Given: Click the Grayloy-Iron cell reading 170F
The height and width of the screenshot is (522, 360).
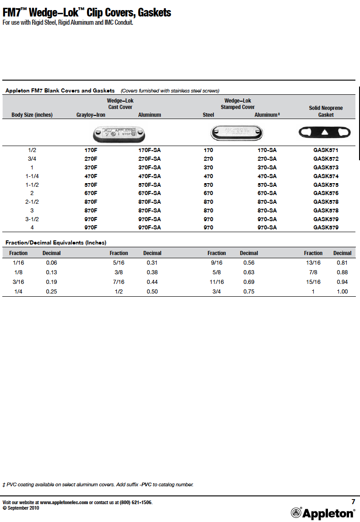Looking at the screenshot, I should [91, 150].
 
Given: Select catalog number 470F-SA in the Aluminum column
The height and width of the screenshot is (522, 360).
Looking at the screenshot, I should [149, 176].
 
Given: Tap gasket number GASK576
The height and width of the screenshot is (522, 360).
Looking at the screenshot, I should [326, 193].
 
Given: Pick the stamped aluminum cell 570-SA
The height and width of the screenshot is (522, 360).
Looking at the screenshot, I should [267, 185].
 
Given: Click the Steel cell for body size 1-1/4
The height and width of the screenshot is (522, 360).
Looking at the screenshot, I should [208, 176].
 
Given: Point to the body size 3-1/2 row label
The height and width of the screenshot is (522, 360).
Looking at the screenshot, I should [32, 219].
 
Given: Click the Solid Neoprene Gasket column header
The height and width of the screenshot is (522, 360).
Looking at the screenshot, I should [326, 111].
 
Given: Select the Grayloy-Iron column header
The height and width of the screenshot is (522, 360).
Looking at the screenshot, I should [91, 115].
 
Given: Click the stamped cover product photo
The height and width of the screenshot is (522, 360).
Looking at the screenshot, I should [237, 133].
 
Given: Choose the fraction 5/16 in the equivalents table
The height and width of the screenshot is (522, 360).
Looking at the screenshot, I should [119, 263].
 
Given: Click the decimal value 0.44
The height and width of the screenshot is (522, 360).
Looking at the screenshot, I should [152, 282].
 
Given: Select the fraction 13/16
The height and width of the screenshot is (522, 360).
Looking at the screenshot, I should [313, 263].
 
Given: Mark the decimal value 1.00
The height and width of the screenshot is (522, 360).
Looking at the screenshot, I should [342, 292].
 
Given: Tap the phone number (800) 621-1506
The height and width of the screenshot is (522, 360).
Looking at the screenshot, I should [136, 503].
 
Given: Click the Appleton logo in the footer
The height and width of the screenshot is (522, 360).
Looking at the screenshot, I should [323, 513].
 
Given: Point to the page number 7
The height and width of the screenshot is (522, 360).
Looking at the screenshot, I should [353, 502].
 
